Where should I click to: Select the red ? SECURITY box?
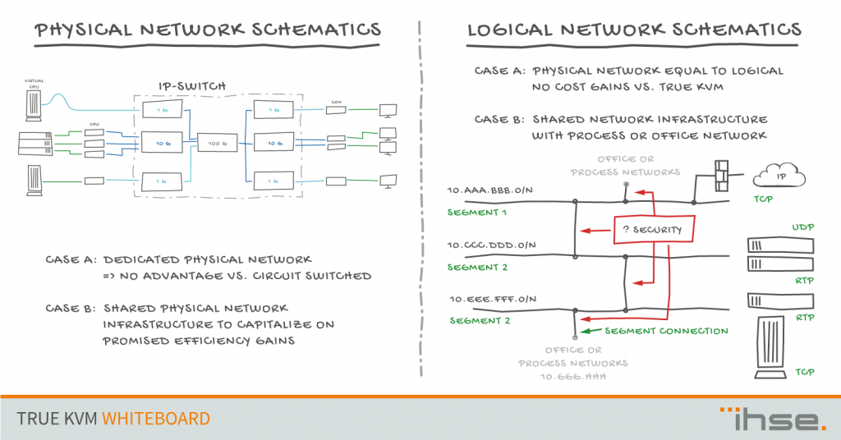tap(653, 229)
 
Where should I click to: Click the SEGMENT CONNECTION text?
tap(666, 332)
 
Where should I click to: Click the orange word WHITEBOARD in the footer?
tap(156, 419)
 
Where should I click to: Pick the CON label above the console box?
tap(336, 102)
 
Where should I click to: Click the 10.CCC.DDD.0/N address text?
tap(490, 245)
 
